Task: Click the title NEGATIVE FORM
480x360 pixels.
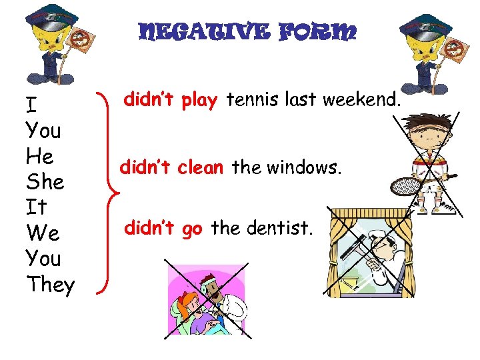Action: pyautogui.click(x=247, y=32)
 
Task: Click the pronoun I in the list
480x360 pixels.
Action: pyautogui.click(x=31, y=105)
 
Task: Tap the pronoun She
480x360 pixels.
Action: pyautogui.click(x=44, y=182)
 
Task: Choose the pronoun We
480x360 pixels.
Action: pyautogui.click(x=41, y=233)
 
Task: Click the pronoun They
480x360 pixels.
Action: pyautogui.click(x=51, y=285)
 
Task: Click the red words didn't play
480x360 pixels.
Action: pyautogui.click(x=171, y=101)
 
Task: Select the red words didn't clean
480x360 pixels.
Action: pyautogui.click(x=171, y=167)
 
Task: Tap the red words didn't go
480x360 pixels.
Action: pyautogui.click(x=163, y=229)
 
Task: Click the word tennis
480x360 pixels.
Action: pyautogui.click(x=251, y=101)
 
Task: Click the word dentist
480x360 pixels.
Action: pyautogui.click(x=276, y=229)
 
